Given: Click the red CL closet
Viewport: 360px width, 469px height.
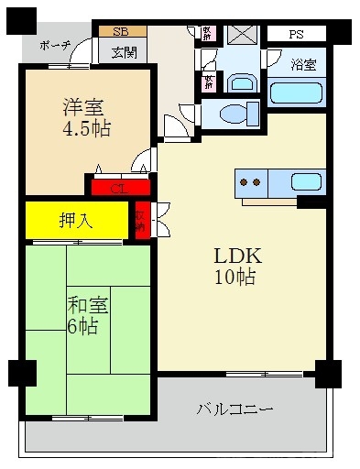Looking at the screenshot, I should click(x=118, y=188).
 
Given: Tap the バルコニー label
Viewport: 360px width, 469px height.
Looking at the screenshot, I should click(x=235, y=410).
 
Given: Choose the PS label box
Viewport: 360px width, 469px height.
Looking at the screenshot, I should click(x=295, y=35).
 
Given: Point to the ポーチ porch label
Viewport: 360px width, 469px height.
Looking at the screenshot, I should click(x=55, y=46).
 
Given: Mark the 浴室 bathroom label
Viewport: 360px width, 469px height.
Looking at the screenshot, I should click(x=304, y=65).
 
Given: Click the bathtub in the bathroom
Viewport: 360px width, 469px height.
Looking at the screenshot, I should click(x=297, y=93).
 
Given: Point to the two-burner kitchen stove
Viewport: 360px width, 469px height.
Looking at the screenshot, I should click(x=249, y=181).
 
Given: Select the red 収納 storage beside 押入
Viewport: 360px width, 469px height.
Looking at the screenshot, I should click(x=141, y=221).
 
